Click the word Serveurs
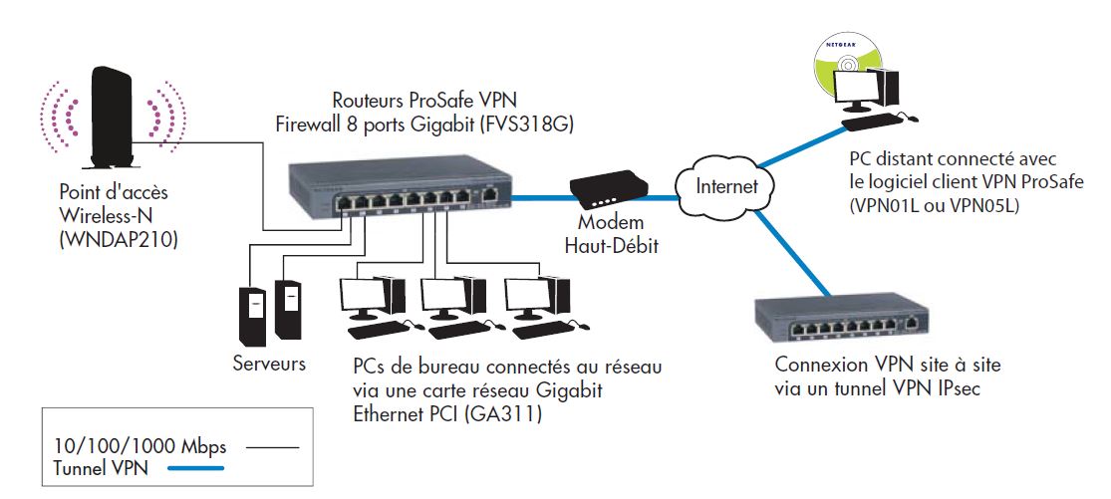(269, 365)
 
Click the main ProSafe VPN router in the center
(398, 189)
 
